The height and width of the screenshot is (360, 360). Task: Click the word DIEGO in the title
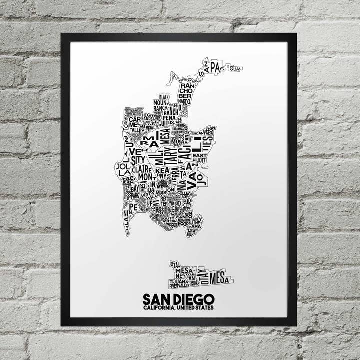coord(194,299)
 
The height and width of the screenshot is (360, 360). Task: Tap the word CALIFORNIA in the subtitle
coord(158,308)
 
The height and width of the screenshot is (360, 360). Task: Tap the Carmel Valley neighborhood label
coord(135,124)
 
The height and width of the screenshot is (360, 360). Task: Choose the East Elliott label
coord(199,158)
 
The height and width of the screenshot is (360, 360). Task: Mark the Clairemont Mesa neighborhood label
coord(144,173)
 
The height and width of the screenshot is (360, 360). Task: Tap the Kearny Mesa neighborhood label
coord(161,173)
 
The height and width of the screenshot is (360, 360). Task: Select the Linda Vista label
coord(150,187)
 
